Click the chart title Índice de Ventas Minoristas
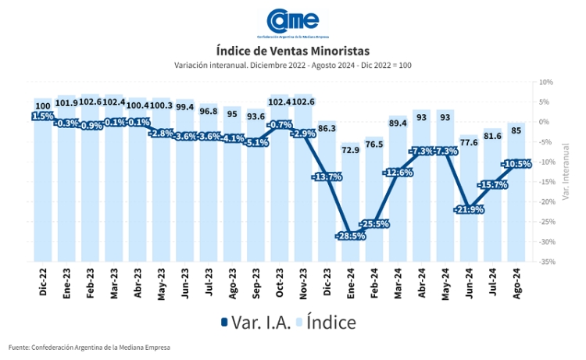click(x=293, y=51)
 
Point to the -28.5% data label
click(x=351, y=236)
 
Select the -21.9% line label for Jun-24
click(x=469, y=209)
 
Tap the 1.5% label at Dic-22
click(x=43, y=116)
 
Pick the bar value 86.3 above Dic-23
click(x=327, y=127)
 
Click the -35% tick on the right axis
click(x=545, y=262)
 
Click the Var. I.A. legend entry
click(x=258, y=322)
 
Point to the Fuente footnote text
click(x=89, y=347)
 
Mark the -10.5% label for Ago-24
click(x=516, y=164)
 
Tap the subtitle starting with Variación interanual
click(x=293, y=65)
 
